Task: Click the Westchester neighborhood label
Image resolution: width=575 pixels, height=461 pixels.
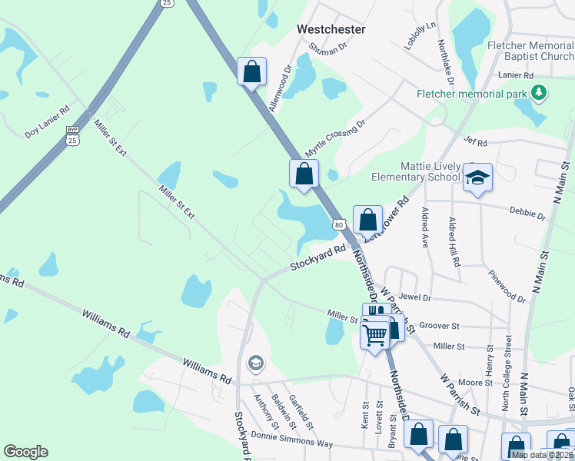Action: click(x=331, y=29)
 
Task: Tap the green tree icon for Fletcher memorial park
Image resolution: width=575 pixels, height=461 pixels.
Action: click(x=539, y=94)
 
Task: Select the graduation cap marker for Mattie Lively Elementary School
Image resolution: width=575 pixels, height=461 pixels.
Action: click(x=477, y=178)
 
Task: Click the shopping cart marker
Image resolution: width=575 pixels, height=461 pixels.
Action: click(x=374, y=333)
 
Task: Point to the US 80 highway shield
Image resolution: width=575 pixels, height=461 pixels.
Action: click(x=338, y=224)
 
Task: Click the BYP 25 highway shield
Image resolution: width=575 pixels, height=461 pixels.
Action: click(x=72, y=134)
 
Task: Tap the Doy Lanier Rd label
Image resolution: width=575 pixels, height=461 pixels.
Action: click(x=47, y=121)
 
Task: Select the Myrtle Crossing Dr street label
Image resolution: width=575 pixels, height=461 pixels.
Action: click(x=335, y=138)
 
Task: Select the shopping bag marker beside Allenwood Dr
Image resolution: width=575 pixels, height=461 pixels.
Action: click(x=251, y=72)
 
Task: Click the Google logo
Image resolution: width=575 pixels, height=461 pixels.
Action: click(x=25, y=452)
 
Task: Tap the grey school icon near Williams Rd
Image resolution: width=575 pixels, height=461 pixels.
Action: click(x=255, y=363)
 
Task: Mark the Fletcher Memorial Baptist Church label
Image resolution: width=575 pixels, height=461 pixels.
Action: click(x=530, y=51)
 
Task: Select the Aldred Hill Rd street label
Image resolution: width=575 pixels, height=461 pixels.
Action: click(x=455, y=241)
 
